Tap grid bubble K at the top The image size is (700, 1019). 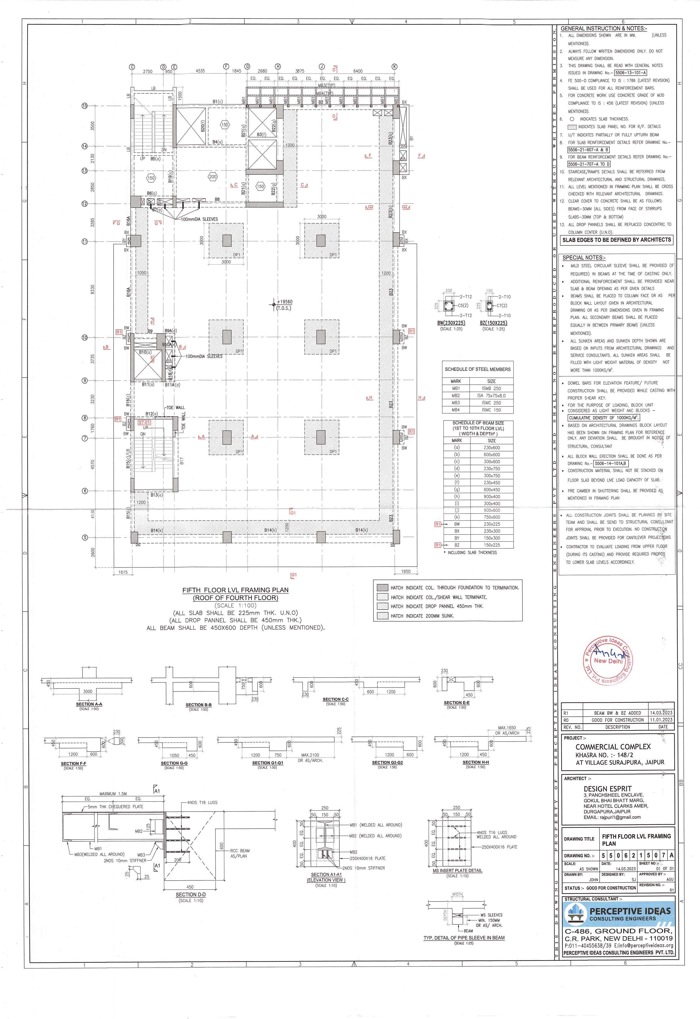pyautogui.click(x=394, y=67)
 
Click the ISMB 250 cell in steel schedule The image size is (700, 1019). pyautogui.click(x=491, y=389)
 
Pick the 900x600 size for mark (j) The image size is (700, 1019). pyautogui.click(x=491, y=510)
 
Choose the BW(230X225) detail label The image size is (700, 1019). pyautogui.click(x=451, y=323)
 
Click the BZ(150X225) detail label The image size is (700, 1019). pyautogui.click(x=493, y=323)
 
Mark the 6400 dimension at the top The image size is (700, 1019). pyautogui.click(x=358, y=71)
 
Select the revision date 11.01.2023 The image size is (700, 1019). pyautogui.click(x=661, y=720)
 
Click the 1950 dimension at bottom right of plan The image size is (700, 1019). pyautogui.click(x=406, y=571)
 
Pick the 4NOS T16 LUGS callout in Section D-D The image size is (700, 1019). pyautogui.click(x=202, y=802)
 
